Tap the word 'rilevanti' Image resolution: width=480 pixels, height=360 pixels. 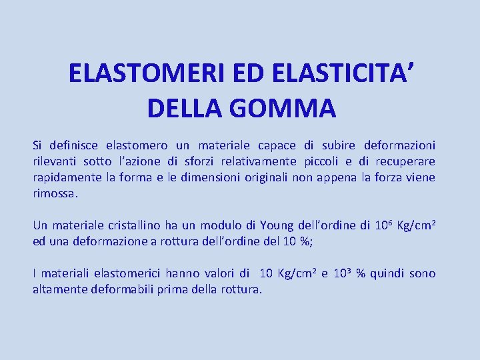(55, 161)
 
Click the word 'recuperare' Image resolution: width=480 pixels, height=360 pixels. (405, 161)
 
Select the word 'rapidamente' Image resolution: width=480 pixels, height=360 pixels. (65, 177)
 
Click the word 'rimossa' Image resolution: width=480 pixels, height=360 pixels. (55, 193)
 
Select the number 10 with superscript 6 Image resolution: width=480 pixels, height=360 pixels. (381, 225)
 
